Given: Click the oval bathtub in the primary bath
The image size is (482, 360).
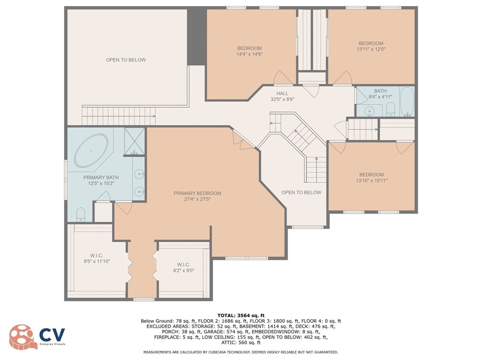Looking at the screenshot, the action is click(91, 151).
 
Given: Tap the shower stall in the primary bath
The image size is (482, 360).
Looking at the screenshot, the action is click(135, 142).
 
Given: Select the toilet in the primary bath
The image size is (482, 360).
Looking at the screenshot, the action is click(80, 214).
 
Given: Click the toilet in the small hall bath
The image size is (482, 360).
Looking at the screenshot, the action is click(390, 109).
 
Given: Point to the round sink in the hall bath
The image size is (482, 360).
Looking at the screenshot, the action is click(369, 111).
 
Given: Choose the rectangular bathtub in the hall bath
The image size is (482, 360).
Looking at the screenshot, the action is click(407, 101).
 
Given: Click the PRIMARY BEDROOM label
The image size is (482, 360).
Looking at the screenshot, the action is click(197, 193).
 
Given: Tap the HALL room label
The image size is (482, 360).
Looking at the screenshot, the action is click(282, 94).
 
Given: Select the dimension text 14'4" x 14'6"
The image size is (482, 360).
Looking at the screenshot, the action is click(249, 54).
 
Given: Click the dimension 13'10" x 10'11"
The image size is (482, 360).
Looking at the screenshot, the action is click(372, 180).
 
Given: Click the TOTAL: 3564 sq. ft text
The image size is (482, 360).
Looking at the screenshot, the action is click(241, 315).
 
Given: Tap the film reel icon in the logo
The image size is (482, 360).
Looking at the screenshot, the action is click(21, 337).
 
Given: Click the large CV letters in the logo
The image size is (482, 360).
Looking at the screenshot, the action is click(52, 334).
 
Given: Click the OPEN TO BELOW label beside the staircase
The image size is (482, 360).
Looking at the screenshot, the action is click(301, 192).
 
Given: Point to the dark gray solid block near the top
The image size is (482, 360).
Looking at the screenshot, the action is click(196, 36).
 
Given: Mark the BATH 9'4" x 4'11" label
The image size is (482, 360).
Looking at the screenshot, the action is click(380, 94).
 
